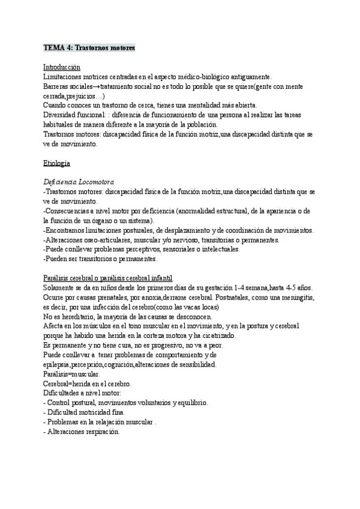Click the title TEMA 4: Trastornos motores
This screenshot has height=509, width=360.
pyautogui.click(x=89, y=47)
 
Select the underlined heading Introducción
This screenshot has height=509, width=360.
pyautogui.click(x=62, y=67)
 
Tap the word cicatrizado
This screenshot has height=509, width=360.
pyautogui.click(x=215, y=335)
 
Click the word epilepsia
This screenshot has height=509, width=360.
pyautogui.click(x=59, y=364)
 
